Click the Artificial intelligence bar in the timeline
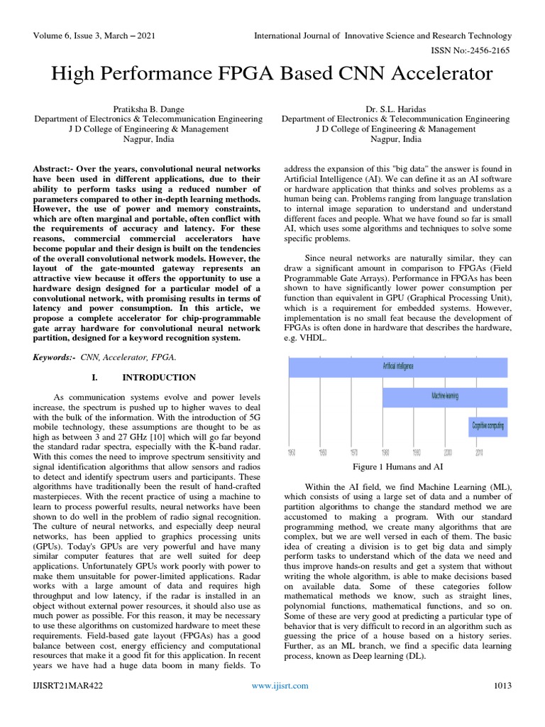(397, 367)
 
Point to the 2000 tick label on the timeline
(448, 452)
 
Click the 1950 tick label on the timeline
(291, 452)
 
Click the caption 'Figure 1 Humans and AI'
(397, 466)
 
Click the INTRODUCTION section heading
(159, 377)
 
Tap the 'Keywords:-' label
(55, 358)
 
